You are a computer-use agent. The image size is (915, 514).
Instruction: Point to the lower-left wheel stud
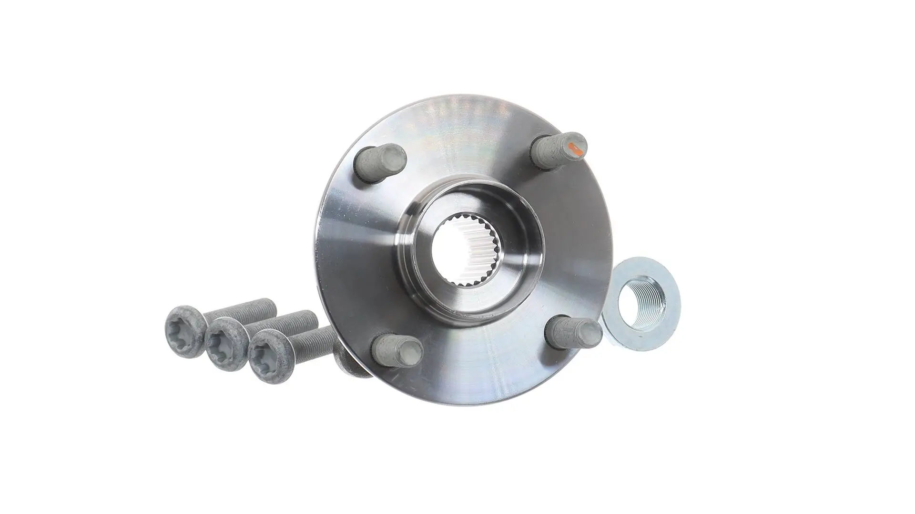(396, 352)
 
